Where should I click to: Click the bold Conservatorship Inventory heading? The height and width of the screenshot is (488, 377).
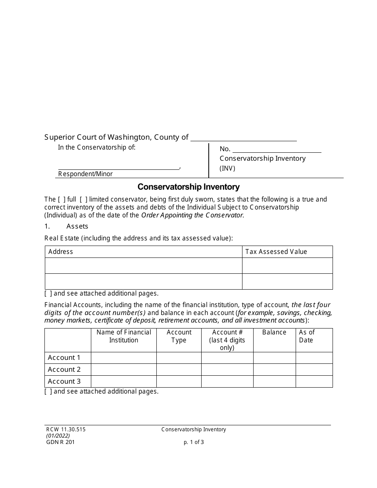188,186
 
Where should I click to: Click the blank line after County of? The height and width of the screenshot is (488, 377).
244,137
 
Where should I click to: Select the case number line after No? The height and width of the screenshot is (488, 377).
277,149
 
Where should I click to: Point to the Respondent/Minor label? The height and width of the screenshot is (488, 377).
85,174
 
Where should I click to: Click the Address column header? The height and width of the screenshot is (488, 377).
61,252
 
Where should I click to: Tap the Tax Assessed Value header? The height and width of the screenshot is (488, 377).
276,252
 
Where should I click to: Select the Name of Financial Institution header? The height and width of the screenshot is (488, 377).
124,336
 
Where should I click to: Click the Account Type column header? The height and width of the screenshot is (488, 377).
179,336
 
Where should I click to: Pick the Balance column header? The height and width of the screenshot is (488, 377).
274,332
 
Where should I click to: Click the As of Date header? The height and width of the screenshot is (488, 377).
306,336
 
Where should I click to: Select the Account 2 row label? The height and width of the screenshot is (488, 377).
64,369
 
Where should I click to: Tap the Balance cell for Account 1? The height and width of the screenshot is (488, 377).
274,357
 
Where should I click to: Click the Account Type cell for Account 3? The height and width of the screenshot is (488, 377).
179,381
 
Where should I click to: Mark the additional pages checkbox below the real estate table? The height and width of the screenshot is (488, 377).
48,294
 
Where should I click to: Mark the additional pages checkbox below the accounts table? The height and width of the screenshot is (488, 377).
48,391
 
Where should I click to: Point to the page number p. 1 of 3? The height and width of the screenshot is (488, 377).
194,442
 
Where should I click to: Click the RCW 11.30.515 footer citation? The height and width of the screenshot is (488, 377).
65,429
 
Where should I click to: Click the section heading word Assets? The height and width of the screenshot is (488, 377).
77,226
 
